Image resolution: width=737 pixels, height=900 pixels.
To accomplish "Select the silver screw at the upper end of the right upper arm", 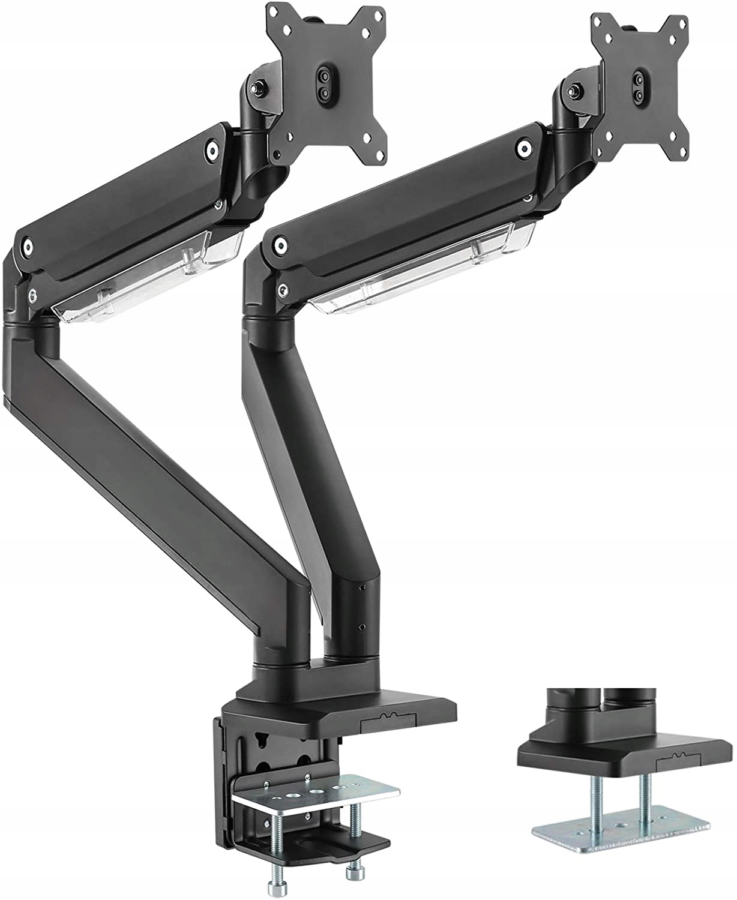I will pyautogui.click(x=526, y=148).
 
